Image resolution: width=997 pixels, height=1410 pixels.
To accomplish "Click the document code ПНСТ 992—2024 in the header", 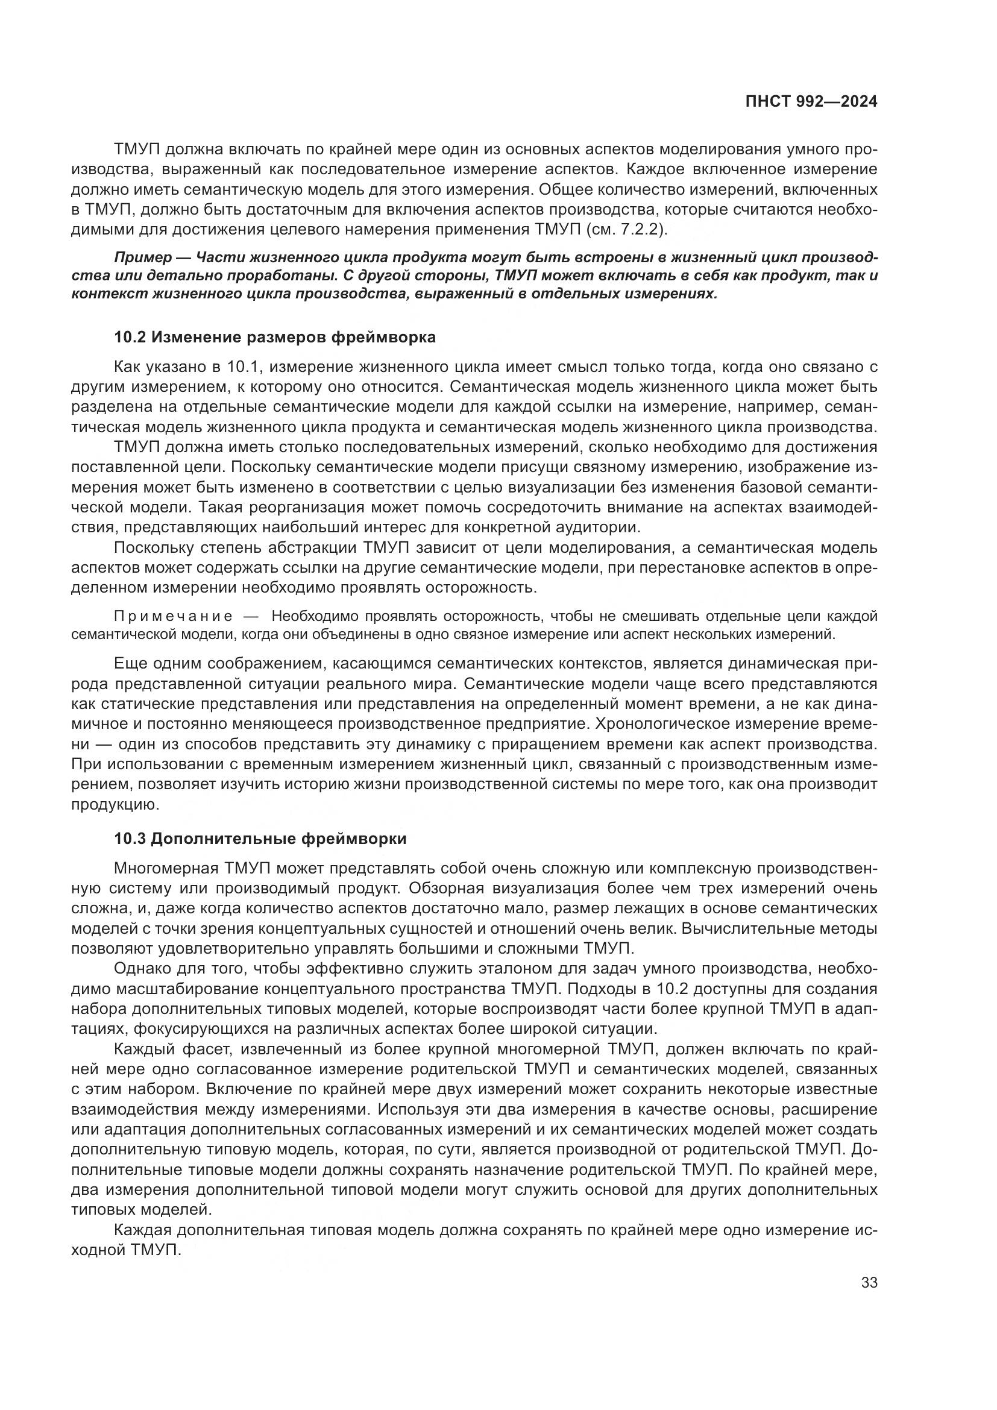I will click(811, 102).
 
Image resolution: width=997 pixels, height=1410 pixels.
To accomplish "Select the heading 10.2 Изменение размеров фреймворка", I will click(275, 337).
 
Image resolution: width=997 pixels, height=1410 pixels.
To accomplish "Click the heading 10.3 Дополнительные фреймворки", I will click(260, 839).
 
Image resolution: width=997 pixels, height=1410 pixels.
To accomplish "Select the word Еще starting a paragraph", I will click(128, 663).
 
